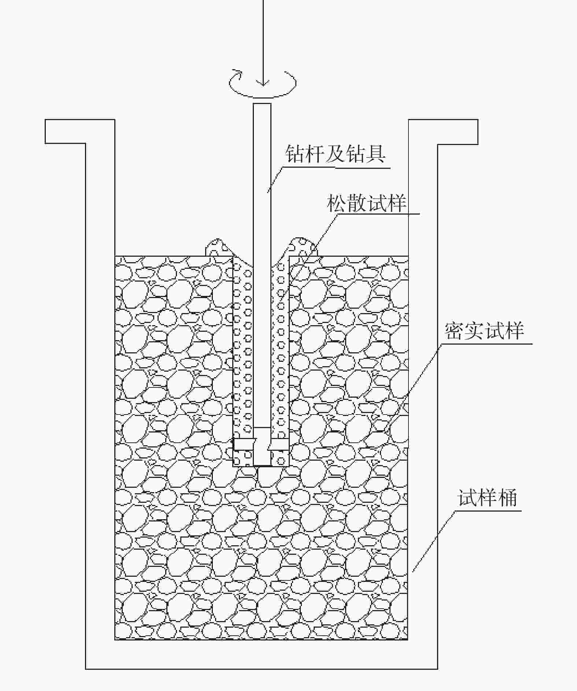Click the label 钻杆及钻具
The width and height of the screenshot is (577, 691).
click(335, 154)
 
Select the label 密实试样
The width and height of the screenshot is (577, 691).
click(484, 331)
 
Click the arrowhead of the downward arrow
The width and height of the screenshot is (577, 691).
click(263, 83)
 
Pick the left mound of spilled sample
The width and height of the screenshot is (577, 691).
click(218, 248)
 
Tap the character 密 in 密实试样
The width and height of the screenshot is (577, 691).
click(454, 331)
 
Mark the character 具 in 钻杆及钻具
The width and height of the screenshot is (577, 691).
click(375, 154)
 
